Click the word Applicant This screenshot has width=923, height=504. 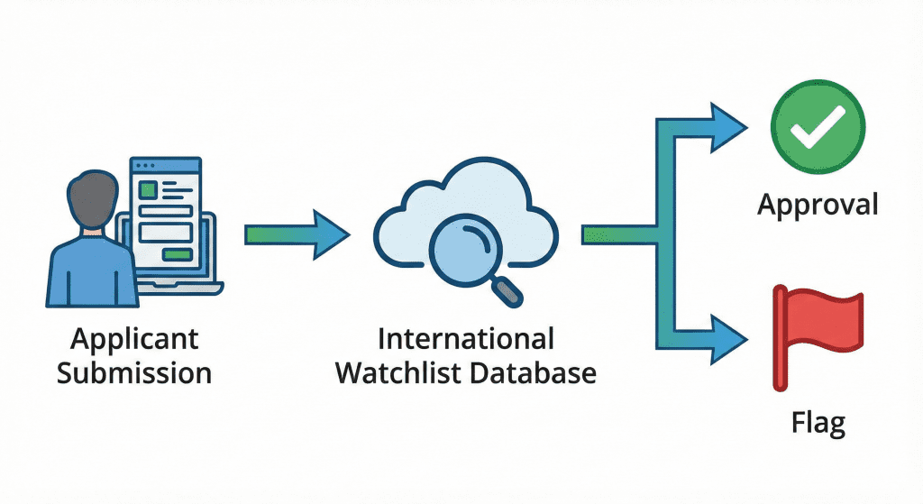(x=134, y=339)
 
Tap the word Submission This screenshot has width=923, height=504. (x=134, y=371)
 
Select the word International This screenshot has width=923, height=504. (x=465, y=339)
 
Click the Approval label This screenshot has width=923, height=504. (x=818, y=205)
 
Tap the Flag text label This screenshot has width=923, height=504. (x=818, y=421)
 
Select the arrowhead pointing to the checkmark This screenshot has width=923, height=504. (x=729, y=126)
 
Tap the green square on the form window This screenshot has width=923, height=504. (x=147, y=189)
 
